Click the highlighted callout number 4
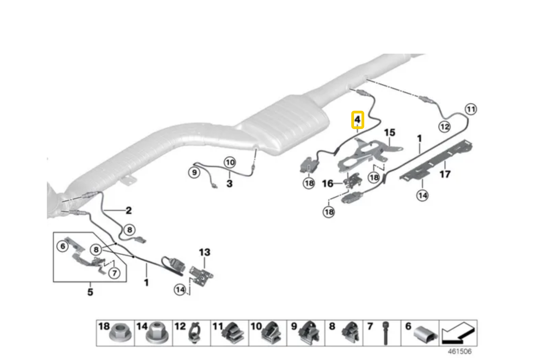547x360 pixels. point(357,120)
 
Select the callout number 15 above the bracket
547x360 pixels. point(389,132)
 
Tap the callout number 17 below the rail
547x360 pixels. point(445,174)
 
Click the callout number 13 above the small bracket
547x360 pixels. point(204,252)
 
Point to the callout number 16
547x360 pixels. point(328,184)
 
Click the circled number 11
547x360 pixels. point(471,109)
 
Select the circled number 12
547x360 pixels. point(444,127)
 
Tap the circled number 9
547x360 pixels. point(194,172)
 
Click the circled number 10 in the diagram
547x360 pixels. point(230,162)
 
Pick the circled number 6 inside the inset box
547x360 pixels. point(63,246)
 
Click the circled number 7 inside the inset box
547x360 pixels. point(114,273)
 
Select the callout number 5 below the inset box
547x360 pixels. point(90,292)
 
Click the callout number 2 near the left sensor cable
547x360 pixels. point(129,210)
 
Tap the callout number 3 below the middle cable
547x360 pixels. point(229,184)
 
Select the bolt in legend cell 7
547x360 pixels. point(386,333)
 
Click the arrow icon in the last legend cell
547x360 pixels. point(457,333)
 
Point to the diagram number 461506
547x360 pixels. point(459,351)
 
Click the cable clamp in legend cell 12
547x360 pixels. point(195,333)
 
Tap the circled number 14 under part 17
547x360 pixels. point(422,195)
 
